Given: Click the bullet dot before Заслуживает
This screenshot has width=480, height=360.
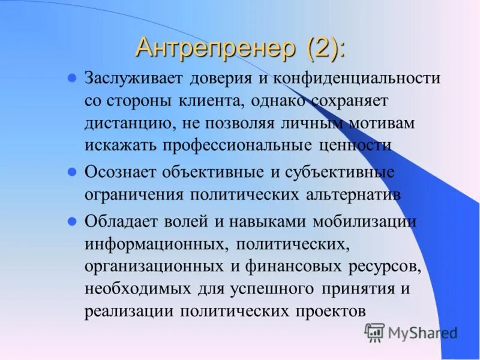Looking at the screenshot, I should [72, 78].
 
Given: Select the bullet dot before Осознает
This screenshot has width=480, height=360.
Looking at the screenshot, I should [72, 172].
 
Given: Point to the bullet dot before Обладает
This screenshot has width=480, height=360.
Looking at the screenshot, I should [72, 221].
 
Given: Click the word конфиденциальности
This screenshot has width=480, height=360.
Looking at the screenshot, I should [358, 79].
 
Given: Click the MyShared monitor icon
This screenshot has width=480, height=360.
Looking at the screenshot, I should [374, 332].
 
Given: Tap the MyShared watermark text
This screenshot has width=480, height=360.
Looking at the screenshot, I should [422, 333].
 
